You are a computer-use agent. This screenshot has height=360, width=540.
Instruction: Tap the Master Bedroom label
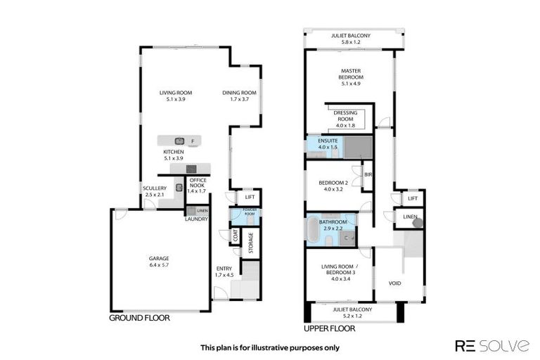tap(350, 75)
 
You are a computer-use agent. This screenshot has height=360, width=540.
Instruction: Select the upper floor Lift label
tap(412, 199)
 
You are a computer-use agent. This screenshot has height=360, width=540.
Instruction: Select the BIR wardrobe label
tap(366, 174)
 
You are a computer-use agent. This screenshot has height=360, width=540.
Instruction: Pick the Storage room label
tap(250, 243)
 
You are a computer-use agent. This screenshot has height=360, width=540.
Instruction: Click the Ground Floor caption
tap(139, 318)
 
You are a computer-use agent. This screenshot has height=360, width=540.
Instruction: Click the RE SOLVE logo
tap(492, 345)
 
